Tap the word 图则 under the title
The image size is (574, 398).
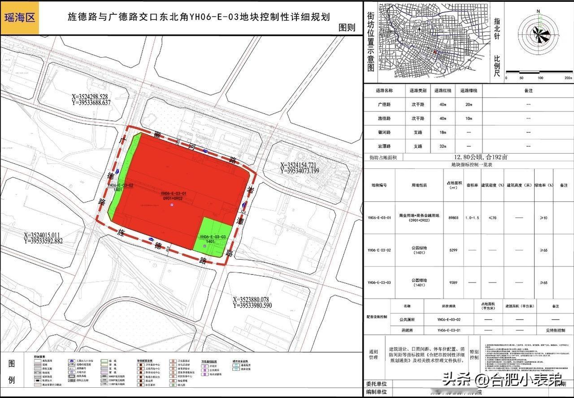(x=346, y=27)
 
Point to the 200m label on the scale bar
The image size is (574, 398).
(x=568, y=78)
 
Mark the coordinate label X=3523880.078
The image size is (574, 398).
(x=251, y=300)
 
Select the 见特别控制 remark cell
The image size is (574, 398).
(x=555, y=330)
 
